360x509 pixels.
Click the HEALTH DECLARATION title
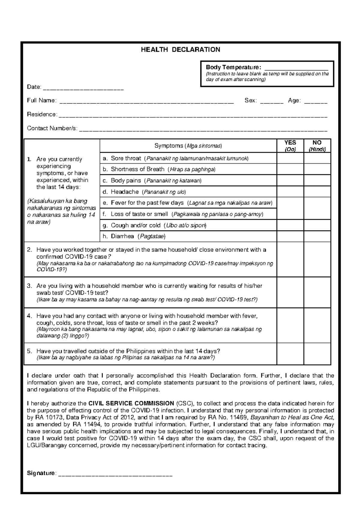pos(180,50)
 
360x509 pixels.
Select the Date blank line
pos(83,88)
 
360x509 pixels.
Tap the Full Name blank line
pos(146,102)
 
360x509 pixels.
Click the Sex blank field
pos(271,102)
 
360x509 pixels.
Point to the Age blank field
pos(316,102)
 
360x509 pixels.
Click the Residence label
pos(42,114)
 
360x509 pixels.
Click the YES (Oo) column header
pos(290,146)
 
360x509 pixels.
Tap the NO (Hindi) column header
pos(317,146)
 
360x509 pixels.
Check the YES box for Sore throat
pos(290,158)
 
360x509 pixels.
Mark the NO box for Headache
pos(317,192)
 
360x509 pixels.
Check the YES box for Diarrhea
pos(290,236)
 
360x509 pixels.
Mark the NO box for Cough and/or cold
pos(317,225)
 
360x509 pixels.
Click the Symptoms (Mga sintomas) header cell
pos(188,146)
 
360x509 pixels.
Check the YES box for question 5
pos(290,354)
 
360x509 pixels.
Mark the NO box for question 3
pos(317,292)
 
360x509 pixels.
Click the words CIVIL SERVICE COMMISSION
pos(131,403)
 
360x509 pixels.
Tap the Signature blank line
pos(115,474)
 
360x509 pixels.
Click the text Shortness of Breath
pos(137,169)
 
